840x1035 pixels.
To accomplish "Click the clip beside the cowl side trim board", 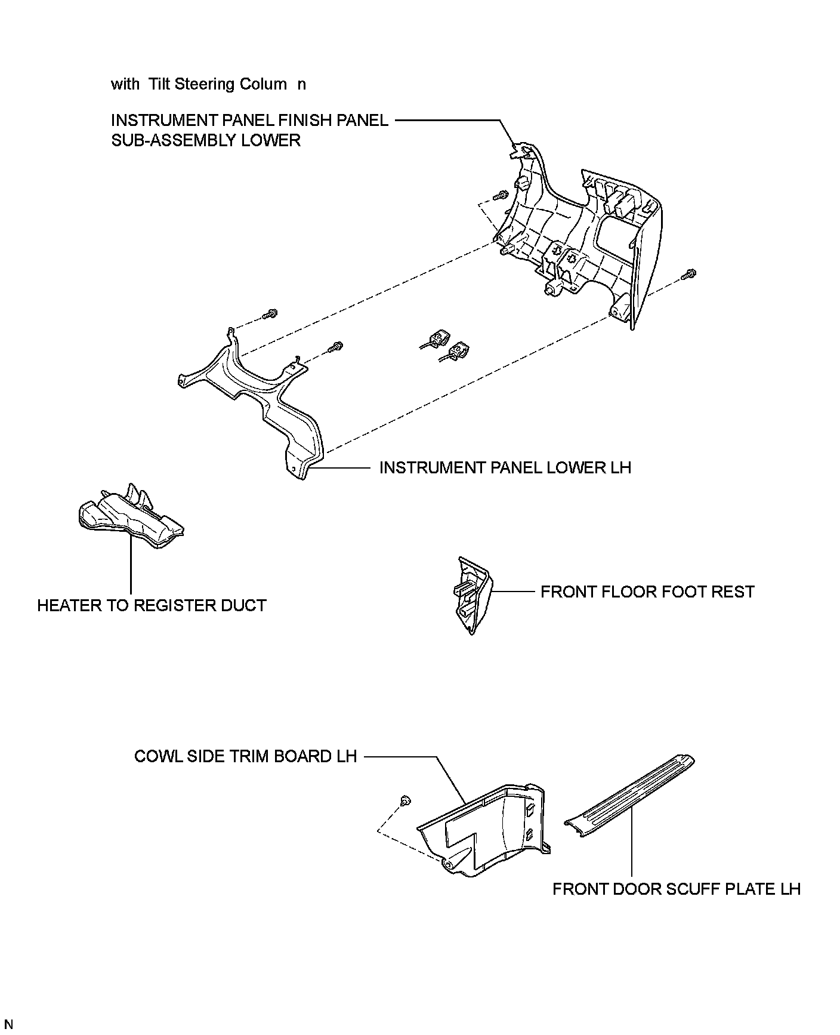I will tap(405, 800).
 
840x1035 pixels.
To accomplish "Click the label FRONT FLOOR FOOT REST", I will tap(647, 592).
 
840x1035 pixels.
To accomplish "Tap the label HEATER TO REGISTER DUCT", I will tap(152, 606).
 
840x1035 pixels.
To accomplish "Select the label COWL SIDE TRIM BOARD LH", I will tap(245, 757).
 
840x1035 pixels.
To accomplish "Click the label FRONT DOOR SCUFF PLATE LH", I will tap(676, 889).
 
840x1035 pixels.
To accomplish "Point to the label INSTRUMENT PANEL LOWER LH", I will tap(505, 467).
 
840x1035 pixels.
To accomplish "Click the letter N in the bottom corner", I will tap(8, 1025).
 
